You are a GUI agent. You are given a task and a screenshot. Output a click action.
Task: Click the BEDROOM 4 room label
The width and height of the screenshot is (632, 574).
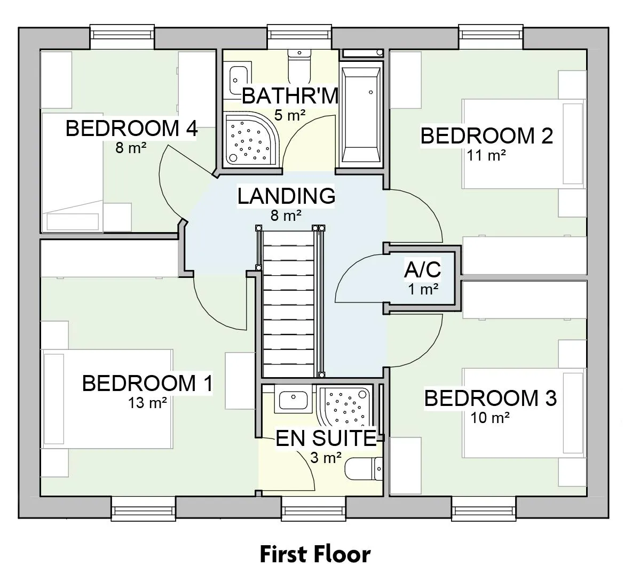pyautogui.click(x=131, y=129)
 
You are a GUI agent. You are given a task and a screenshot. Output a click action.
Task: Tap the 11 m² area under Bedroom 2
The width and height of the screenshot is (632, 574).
pyautogui.click(x=486, y=155)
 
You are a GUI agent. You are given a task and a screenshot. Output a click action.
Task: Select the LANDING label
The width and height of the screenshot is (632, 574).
pyautogui.click(x=286, y=196)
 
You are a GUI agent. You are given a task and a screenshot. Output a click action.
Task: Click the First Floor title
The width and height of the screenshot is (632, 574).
pyautogui.click(x=315, y=554)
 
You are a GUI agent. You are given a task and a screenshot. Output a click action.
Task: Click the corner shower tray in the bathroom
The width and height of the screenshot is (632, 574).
pyautogui.click(x=251, y=140)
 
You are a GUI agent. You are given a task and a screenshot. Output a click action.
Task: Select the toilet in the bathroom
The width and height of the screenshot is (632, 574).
pyautogui.click(x=299, y=65)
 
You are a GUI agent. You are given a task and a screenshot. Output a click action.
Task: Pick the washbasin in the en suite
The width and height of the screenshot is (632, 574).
pyautogui.click(x=294, y=399)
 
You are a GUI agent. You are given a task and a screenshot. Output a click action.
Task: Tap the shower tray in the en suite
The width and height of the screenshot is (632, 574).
pyautogui.click(x=345, y=405)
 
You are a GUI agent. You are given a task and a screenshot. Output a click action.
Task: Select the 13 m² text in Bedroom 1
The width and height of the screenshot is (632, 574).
pyautogui.click(x=147, y=402)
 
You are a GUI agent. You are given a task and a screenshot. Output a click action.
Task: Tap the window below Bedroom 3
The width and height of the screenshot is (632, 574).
pyautogui.click(x=484, y=508)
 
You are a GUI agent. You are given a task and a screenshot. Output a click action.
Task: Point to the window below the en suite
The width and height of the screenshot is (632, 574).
pyautogui.click(x=313, y=508)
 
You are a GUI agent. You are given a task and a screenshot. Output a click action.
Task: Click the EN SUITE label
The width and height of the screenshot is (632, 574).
pyautogui.click(x=326, y=439)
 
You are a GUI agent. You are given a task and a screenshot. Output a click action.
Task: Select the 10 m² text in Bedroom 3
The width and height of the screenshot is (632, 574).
pyautogui.click(x=490, y=418)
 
